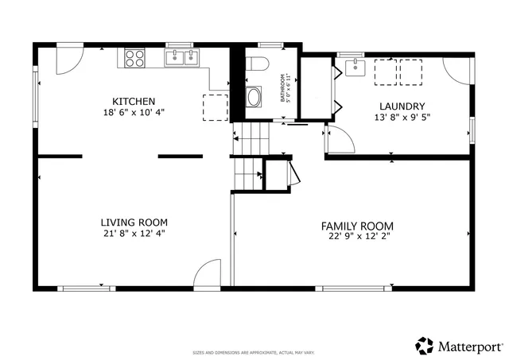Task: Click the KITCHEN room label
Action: pos(134,101)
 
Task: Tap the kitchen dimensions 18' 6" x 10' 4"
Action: pos(134,114)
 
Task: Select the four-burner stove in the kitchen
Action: pos(134,57)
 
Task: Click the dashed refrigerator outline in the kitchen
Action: pos(215,106)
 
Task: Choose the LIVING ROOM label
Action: pos(134,222)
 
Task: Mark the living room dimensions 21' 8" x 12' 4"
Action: pos(134,234)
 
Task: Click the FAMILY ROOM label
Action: pos(354,225)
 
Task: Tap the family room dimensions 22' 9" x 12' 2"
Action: pos(354,236)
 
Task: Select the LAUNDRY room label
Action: pos(402,106)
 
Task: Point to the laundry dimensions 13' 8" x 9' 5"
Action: pos(402,118)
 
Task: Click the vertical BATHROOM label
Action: pos(282,88)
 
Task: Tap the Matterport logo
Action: pos(459,346)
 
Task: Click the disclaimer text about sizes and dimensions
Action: pos(254,352)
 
